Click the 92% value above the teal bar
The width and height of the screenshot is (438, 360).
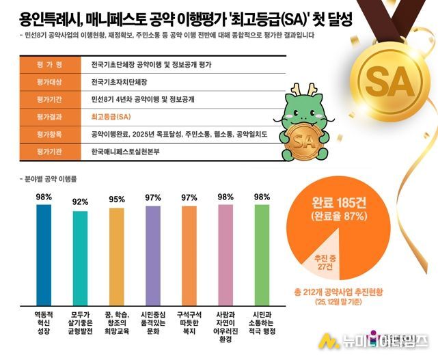coord(81,202)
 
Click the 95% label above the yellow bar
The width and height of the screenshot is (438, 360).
coord(117,199)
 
